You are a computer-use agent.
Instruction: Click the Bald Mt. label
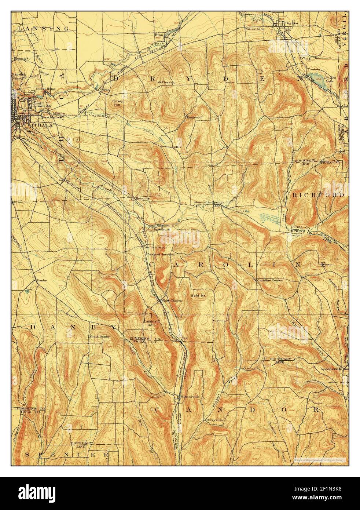pyautogui.click(x=197, y=295)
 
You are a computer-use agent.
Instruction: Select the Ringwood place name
pyautogui.click(x=194, y=117)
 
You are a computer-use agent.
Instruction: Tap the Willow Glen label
pyautogui.click(x=254, y=29)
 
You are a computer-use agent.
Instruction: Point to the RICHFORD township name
pyautogui.click(x=318, y=195)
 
